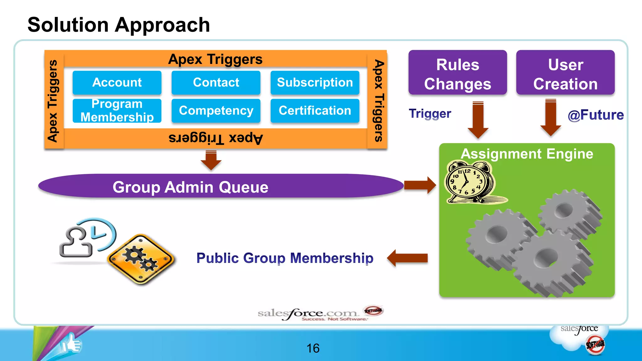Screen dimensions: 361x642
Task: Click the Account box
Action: [x=117, y=82]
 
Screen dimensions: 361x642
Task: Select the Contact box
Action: [x=216, y=82]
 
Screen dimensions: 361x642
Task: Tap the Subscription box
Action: [x=315, y=82]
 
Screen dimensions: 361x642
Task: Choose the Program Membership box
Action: [x=117, y=111]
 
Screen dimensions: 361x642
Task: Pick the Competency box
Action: [x=216, y=111]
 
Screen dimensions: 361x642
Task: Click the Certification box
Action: [x=315, y=111]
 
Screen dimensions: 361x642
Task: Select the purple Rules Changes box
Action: [x=457, y=72]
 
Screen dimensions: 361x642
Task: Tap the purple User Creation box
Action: [x=565, y=72]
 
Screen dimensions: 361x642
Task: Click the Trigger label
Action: [x=430, y=113]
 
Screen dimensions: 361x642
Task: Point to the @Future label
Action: [x=596, y=115]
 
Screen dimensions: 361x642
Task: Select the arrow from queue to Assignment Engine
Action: [x=420, y=185]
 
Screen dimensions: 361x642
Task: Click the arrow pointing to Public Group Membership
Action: [x=408, y=258]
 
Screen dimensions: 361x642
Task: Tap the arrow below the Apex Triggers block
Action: [x=211, y=160]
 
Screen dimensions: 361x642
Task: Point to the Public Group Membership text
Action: [x=285, y=258]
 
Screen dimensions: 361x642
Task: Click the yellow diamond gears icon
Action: [x=141, y=259]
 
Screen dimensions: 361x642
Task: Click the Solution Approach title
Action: [x=118, y=25]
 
